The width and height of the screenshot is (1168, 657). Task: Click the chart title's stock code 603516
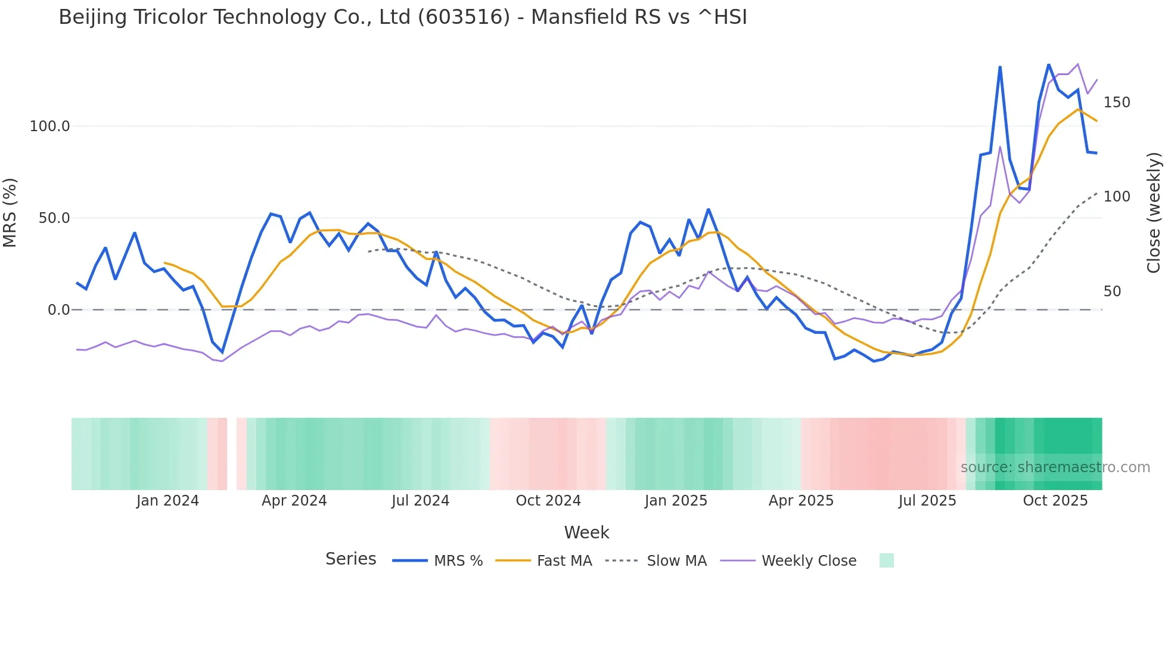pyautogui.click(x=464, y=17)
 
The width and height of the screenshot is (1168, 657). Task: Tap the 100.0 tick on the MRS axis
pyautogui.click(x=49, y=126)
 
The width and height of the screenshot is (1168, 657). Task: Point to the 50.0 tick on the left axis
pyautogui.click(x=54, y=218)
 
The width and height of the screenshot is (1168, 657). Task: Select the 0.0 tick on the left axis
pyautogui.click(x=58, y=310)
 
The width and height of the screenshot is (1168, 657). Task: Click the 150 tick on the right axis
pyautogui.click(x=1117, y=103)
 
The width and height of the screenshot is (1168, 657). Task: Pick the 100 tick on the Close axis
pyautogui.click(x=1117, y=197)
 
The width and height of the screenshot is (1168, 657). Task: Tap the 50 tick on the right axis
pyautogui.click(x=1112, y=292)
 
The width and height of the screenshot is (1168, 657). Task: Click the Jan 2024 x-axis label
pyautogui.click(x=167, y=501)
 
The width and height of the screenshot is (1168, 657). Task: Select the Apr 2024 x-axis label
pyautogui.click(x=294, y=501)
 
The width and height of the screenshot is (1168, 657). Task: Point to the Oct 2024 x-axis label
pyautogui.click(x=548, y=501)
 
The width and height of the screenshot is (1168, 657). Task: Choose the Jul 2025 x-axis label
pyautogui.click(x=927, y=501)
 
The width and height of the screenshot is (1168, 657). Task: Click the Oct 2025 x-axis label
pyautogui.click(x=1055, y=501)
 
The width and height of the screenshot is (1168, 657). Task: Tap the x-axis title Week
pyautogui.click(x=586, y=532)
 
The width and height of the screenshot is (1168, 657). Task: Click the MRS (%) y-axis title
pyautogui.click(x=10, y=212)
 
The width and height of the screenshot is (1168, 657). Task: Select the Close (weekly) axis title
pyautogui.click(x=1154, y=213)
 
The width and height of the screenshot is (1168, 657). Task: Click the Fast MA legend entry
pyautogui.click(x=564, y=561)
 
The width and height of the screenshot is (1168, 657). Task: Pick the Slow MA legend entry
pyautogui.click(x=676, y=561)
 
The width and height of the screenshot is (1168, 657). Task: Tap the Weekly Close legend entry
pyautogui.click(x=809, y=561)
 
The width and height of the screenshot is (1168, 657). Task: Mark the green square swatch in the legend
pyautogui.click(x=886, y=560)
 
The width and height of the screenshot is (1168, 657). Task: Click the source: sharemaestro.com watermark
pyautogui.click(x=1055, y=467)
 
